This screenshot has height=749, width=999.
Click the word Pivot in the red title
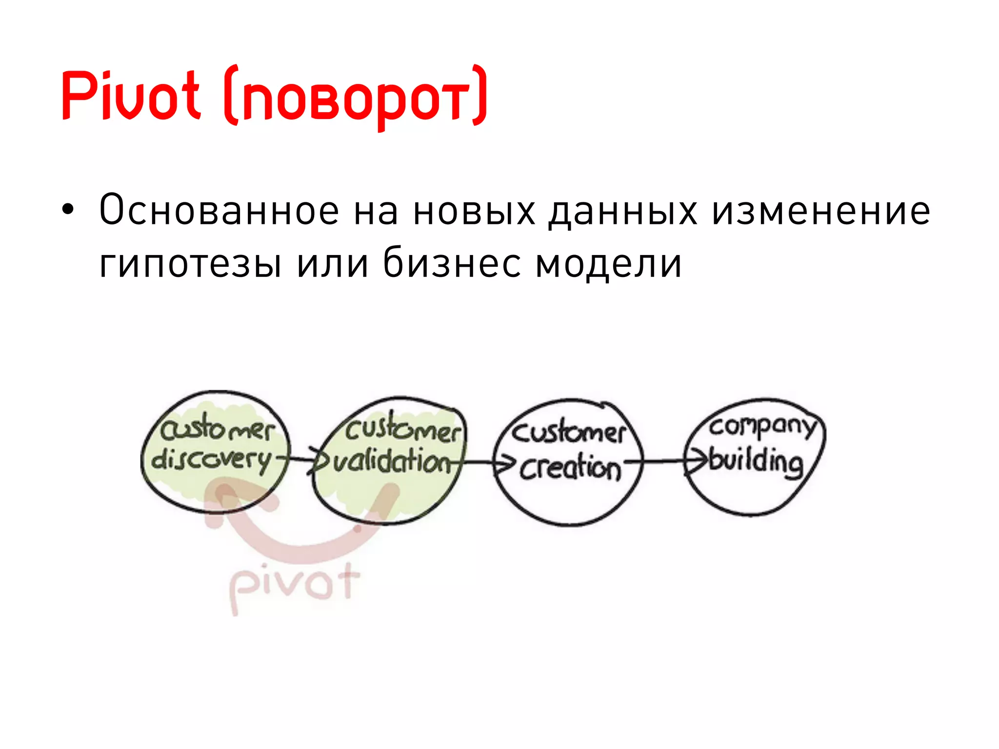[x=131, y=95]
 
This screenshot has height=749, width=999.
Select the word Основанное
[x=219, y=211]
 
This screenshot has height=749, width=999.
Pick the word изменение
[x=821, y=211]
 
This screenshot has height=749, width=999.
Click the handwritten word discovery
[x=211, y=460]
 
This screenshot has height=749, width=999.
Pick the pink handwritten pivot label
[x=294, y=585]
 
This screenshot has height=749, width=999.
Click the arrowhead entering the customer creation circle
[x=504, y=464]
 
